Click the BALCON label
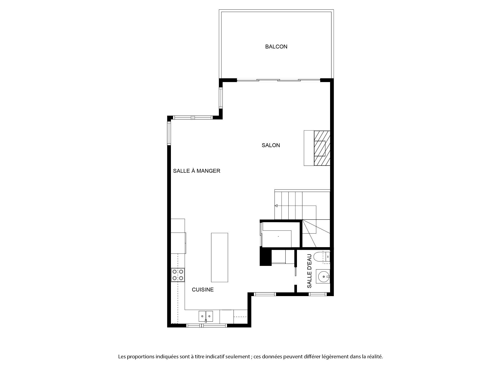point(276,47)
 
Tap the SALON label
point(271,145)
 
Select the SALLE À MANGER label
point(197,171)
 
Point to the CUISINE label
point(203,290)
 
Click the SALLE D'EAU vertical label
point(309,271)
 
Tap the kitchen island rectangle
point(219,258)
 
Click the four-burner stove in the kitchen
point(178,275)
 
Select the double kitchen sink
point(206,316)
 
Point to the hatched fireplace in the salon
point(322,148)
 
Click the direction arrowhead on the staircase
point(276,206)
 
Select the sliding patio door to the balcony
point(278,80)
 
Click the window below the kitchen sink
point(207,325)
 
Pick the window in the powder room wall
point(318,294)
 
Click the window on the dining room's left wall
point(169,133)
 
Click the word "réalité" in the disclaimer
point(375,357)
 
